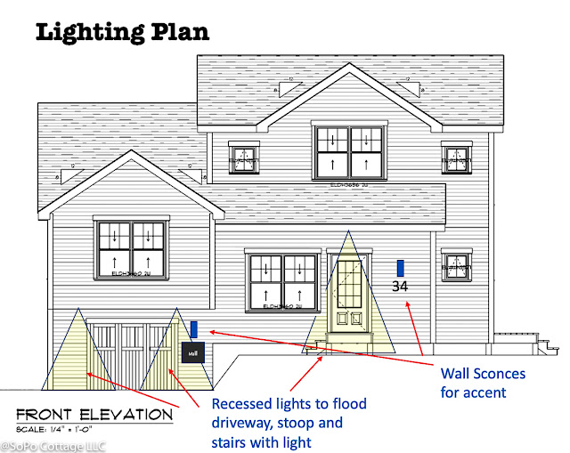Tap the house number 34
(x=401, y=286)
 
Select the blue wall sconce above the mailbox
(x=194, y=328)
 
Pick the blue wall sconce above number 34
(x=401, y=267)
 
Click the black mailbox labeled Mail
(x=194, y=352)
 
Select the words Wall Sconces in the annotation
(x=484, y=373)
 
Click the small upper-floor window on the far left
(x=243, y=158)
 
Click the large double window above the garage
(x=131, y=249)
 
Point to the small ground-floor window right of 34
(x=456, y=265)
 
